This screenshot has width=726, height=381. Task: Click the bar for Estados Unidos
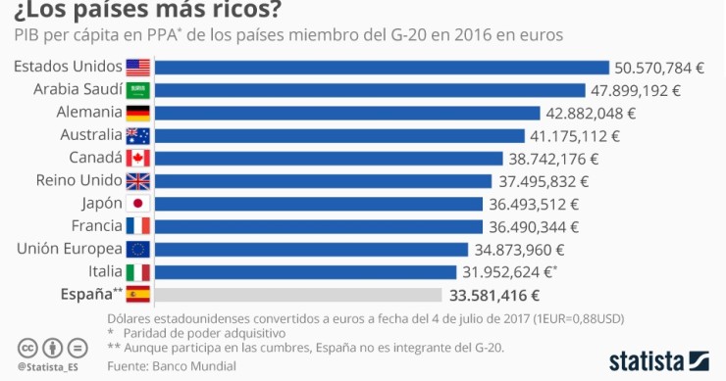(x=383, y=68)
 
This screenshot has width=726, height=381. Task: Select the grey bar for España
(x=299, y=294)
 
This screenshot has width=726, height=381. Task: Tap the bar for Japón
(x=320, y=204)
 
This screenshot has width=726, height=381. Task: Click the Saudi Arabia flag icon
(x=138, y=90)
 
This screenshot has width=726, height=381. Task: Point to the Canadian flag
(x=138, y=158)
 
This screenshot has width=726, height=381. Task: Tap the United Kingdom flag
(x=138, y=180)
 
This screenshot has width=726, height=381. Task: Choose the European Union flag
(x=138, y=249)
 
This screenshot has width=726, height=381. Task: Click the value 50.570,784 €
(x=658, y=68)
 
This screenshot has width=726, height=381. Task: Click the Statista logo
(x=658, y=359)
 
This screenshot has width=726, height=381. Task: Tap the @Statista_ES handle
(x=48, y=367)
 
